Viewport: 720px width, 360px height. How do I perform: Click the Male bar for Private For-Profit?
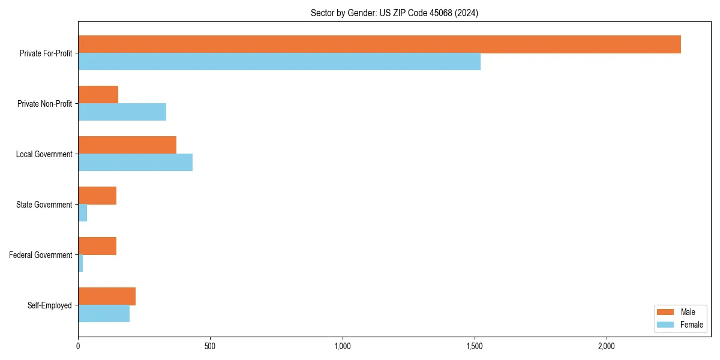(x=379, y=44)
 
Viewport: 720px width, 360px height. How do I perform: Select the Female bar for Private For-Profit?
(x=279, y=62)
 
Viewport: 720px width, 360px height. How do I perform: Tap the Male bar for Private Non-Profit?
(x=98, y=95)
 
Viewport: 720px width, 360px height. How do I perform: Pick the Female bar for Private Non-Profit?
(x=122, y=112)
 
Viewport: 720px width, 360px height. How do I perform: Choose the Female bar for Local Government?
(x=135, y=163)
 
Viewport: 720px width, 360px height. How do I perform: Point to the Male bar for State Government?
(x=97, y=196)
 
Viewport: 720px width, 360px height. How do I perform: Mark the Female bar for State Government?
(x=83, y=213)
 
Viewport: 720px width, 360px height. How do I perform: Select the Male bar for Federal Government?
(x=97, y=246)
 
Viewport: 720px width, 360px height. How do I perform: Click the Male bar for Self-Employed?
(x=107, y=296)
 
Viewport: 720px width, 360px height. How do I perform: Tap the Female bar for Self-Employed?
(x=104, y=314)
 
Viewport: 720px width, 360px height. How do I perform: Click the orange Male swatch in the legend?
(x=666, y=312)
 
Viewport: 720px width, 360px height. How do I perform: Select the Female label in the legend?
(x=691, y=325)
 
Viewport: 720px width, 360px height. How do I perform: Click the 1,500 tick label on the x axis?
(x=475, y=346)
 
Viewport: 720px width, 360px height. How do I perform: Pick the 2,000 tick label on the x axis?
(x=607, y=346)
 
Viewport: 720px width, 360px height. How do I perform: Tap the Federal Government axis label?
(x=41, y=255)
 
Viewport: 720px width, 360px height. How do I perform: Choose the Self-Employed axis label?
(x=50, y=305)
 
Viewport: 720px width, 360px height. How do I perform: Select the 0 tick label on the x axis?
(x=78, y=346)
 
